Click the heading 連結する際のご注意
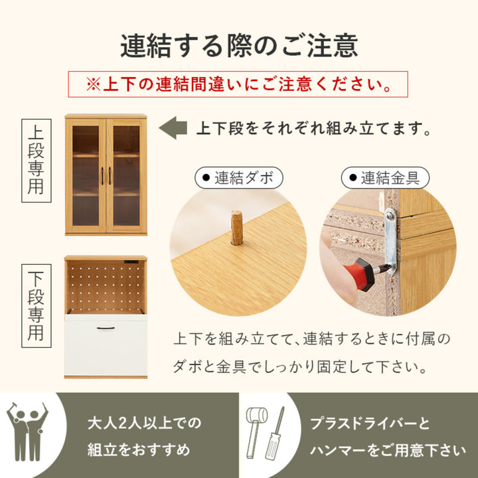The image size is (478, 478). click(239, 45)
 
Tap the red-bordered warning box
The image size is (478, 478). click(238, 84)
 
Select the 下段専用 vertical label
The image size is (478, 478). click(36, 305)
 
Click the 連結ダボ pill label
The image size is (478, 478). click(238, 178)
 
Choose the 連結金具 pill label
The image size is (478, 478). click(385, 178)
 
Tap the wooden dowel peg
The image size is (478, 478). click(236, 227)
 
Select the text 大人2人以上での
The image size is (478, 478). click(144, 422)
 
